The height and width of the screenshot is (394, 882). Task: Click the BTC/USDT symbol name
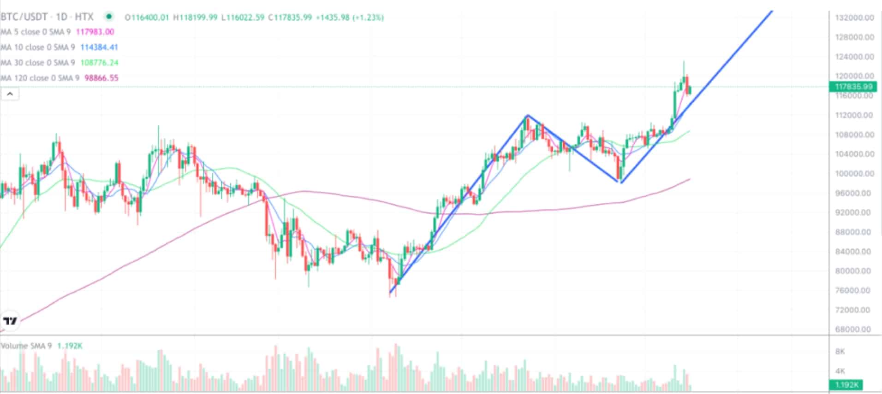[24, 17]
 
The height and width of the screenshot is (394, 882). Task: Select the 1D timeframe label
[61, 17]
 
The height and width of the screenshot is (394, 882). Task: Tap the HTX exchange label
[84, 17]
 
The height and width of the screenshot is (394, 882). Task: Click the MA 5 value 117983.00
[95, 32]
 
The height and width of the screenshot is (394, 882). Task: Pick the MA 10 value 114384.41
[99, 47]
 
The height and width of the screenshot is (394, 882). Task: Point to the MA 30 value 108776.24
[99, 63]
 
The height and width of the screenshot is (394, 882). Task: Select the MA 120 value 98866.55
[101, 78]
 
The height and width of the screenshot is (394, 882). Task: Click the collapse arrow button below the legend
[10, 94]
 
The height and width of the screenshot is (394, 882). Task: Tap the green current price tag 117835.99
[853, 87]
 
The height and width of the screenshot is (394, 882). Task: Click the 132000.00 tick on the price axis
[854, 18]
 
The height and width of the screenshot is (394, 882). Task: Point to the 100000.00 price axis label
[854, 173]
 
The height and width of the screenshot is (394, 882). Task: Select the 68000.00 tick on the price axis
[853, 329]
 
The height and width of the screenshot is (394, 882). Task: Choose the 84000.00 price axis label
[853, 251]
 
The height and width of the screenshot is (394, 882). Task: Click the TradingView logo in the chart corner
[10, 321]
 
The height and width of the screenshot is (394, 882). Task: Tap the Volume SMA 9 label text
[26, 346]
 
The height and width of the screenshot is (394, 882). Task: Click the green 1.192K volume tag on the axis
[846, 385]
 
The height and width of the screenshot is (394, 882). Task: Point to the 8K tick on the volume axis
[840, 351]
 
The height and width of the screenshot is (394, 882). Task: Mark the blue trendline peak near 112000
[527, 115]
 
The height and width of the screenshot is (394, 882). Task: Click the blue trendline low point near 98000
[621, 182]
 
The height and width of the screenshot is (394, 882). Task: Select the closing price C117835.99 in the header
[290, 18]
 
